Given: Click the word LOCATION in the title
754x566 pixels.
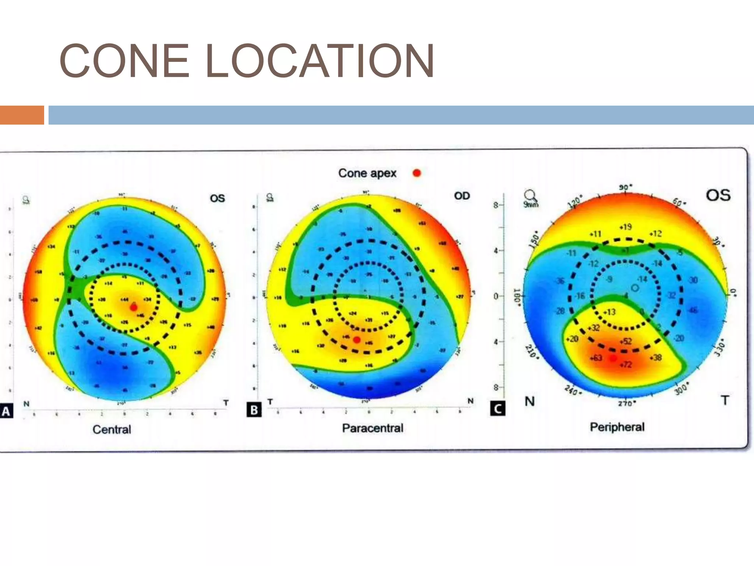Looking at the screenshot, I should tap(320, 61).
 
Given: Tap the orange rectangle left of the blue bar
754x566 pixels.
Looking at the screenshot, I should tap(22, 115).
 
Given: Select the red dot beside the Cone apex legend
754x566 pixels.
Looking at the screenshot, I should tap(417, 173).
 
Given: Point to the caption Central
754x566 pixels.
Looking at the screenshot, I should tap(112, 429).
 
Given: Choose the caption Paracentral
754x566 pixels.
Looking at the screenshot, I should tap(373, 428).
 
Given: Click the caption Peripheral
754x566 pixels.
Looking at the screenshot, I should tap(617, 427).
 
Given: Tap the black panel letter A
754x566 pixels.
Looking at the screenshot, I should tap(6, 411).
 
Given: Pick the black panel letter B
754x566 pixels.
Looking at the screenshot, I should tap(254, 410).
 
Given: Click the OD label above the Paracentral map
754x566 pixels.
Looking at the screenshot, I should tap(462, 196).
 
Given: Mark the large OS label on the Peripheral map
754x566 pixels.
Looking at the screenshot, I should tap(718, 195).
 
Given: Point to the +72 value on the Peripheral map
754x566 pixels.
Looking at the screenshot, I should tap(626, 365).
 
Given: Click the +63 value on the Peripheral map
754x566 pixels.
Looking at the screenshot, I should tap(596, 358).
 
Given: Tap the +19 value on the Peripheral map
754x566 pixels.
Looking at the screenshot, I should tap(626, 227).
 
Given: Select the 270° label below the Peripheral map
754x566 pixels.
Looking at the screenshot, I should tap(626, 403).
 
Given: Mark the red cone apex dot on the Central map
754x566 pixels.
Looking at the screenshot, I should tap(134, 307).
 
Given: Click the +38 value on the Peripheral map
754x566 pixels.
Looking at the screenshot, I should tap(656, 357).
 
